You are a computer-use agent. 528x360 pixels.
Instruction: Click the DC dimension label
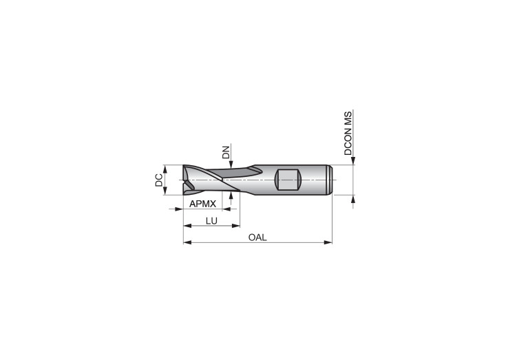pos(158,180)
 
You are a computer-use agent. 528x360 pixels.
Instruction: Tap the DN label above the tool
pos(226,152)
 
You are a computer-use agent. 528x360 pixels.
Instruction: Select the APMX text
pos(202,204)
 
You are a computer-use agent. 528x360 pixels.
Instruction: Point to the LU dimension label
pos(211,221)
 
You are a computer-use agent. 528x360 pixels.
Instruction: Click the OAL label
pos(257,237)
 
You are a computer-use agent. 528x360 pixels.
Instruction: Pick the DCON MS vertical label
pos(348,133)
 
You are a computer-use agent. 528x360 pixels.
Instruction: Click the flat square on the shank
pos(288,180)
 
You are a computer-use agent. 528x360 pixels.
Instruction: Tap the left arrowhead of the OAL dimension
pos(187,242)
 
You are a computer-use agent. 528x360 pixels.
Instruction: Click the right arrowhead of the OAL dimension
pos(328,242)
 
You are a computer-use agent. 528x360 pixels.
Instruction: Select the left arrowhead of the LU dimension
pos(187,225)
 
